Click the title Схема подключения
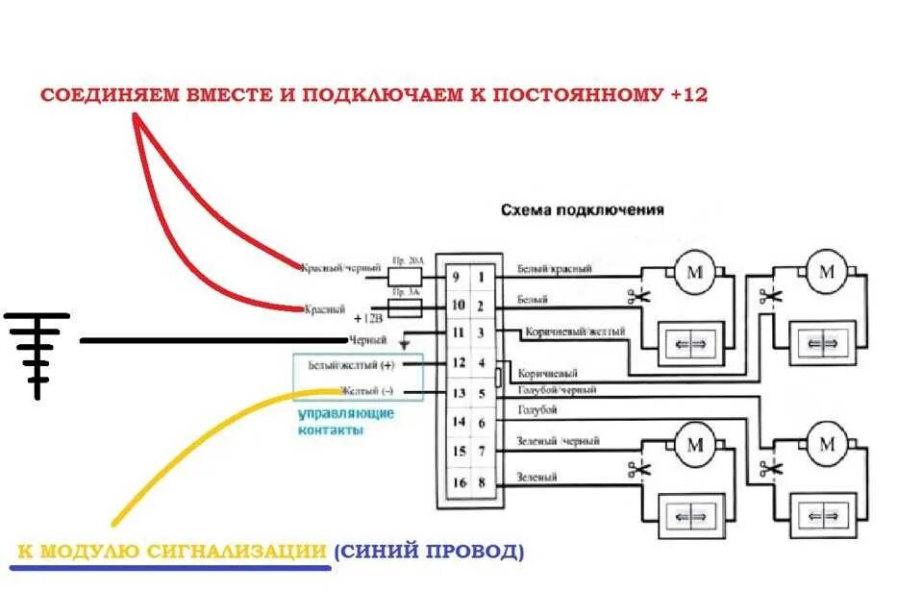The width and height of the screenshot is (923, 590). [x=582, y=209]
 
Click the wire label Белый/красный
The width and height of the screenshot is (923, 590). [x=554, y=269]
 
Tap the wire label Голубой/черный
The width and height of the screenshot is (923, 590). [x=557, y=390]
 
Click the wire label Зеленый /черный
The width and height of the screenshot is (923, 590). [x=559, y=441]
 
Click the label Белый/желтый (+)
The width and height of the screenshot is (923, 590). [x=350, y=366]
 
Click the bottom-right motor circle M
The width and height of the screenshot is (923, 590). [x=826, y=445]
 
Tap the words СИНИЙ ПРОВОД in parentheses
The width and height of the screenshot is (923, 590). [x=429, y=552]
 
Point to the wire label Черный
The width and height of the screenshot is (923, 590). [x=369, y=340]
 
